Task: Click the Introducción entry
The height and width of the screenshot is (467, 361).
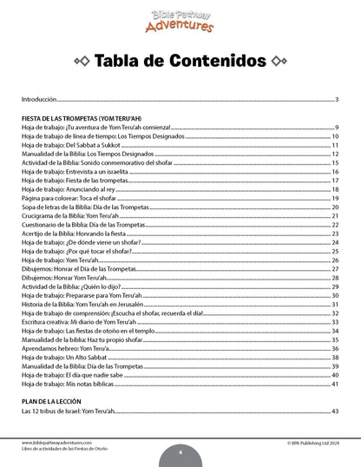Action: pyautogui.click(x=39, y=100)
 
